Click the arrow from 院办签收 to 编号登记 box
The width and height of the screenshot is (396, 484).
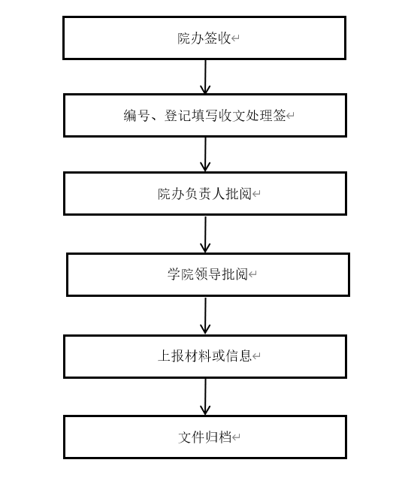[x=205, y=77]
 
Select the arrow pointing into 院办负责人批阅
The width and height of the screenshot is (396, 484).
[x=205, y=155]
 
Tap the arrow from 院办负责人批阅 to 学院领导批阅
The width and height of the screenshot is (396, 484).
[x=205, y=234]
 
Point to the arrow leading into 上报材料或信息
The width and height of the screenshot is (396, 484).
[x=205, y=316]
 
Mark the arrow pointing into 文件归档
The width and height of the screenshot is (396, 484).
[x=205, y=397]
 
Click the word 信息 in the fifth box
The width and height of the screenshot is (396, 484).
[x=238, y=356]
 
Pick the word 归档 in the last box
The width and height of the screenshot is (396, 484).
[x=218, y=437]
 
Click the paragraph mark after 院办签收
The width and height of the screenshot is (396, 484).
[x=235, y=38]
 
